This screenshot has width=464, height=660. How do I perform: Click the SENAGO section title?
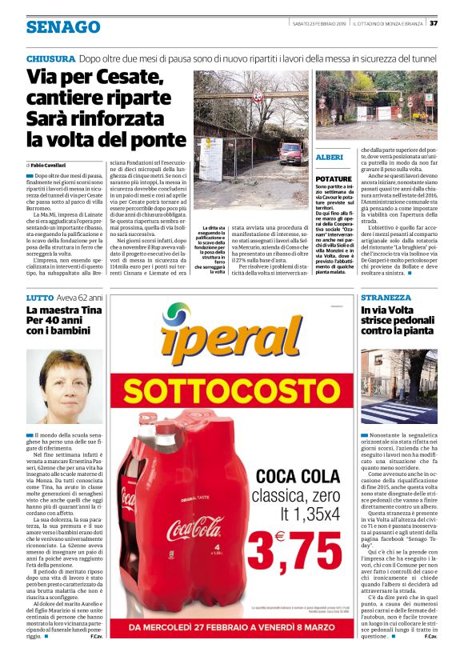tap(62, 27)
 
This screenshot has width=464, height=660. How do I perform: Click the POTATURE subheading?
tap(334, 178)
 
